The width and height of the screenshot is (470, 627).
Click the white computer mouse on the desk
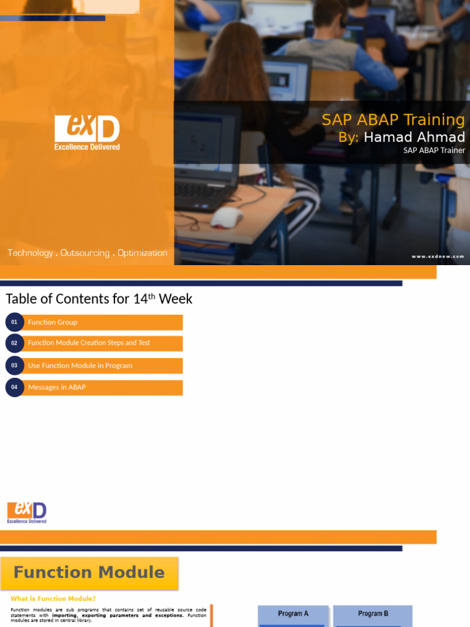pyautogui.click(x=226, y=217)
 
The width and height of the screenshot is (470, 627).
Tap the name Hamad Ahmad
pyautogui.click(x=414, y=137)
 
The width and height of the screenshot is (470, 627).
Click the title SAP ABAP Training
pyautogui.click(x=393, y=119)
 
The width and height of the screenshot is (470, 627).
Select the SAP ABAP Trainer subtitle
pyautogui.click(x=434, y=150)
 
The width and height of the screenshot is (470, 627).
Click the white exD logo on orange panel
pyautogui.click(x=87, y=132)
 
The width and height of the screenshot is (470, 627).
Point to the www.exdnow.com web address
pyautogui.click(x=438, y=257)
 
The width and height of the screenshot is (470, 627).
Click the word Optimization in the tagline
pyautogui.click(x=142, y=253)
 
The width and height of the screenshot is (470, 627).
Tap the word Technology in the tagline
pyautogui.click(x=30, y=253)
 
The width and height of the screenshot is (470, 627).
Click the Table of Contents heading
pyautogui.click(x=99, y=299)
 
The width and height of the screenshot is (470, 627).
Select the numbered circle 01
pyautogui.click(x=14, y=322)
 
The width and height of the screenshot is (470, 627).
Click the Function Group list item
pyautogui.click(x=53, y=322)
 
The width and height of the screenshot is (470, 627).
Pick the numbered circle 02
pyautogui.click(x=14, y=343)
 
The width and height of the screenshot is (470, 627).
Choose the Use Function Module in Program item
pyautogui.click(x=80, y=366)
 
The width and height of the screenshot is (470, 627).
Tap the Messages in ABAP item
pyautogui.click(x=57, y=388)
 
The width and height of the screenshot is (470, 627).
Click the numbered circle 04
pyautogui.click(x=14, y=388)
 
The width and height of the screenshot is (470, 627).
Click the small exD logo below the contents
pyautogui.click(x=27, y=512)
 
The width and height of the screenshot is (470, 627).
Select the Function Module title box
pyautogui.click(x=89, y=573)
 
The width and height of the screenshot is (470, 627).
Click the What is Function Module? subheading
pyautogui.click(x=53, y=599)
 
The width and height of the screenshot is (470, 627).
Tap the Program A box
pyautogui.click(x=293, y=614)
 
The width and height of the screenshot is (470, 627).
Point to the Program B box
pyautogui.click(x=373, y=614)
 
